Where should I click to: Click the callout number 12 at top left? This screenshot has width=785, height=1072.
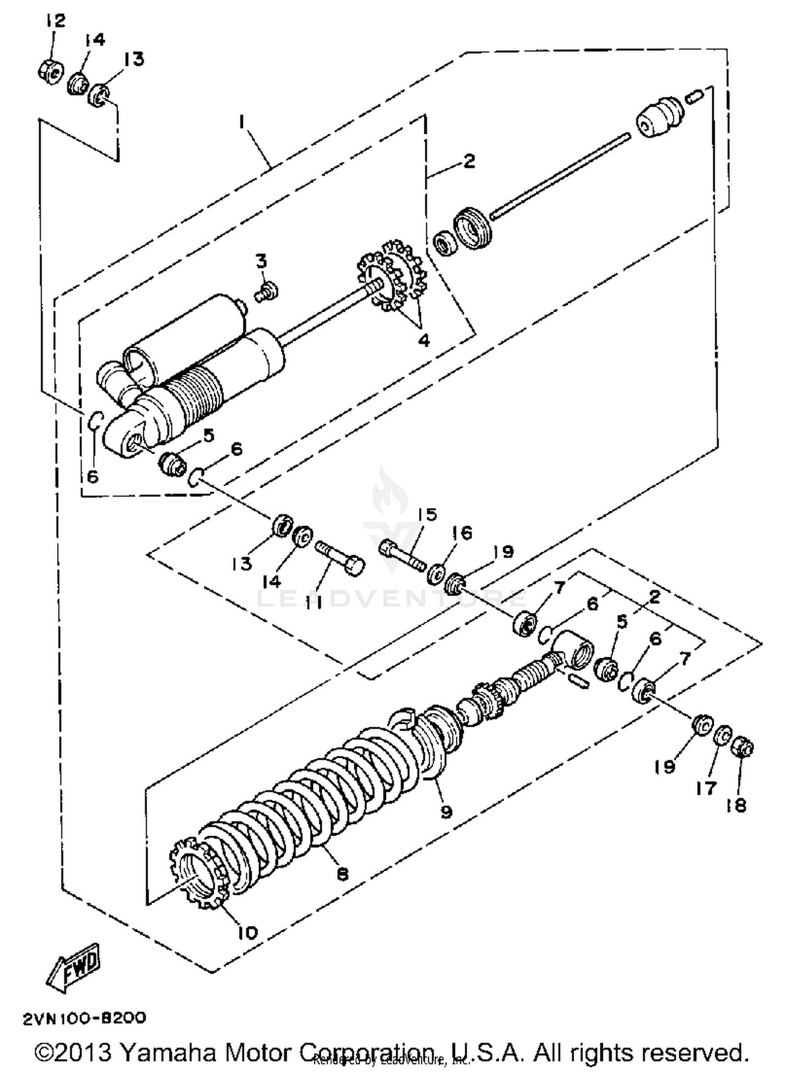point(55,21)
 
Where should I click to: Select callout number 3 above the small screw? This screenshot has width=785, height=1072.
point(262,260)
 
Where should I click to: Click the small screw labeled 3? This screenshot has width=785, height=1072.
point(267,291)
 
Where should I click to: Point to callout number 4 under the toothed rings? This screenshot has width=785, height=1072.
point(423,340)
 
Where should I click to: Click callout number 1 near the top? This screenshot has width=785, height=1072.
point(241,122)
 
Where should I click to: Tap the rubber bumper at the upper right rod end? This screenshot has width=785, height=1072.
point(660,118)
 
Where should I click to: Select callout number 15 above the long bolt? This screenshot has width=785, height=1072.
point(428,515)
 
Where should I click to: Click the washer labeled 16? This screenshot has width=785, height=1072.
point(434,574)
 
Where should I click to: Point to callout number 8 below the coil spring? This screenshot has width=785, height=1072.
point(342,874)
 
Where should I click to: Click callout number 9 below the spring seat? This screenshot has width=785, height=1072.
point(446,812)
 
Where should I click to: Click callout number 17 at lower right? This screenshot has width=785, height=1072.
point(706,787)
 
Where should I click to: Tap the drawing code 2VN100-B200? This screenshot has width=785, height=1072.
point(84,1019)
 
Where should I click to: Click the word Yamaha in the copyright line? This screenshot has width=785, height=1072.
point(169,1052)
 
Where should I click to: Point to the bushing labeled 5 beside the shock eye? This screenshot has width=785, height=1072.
point(172,463)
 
